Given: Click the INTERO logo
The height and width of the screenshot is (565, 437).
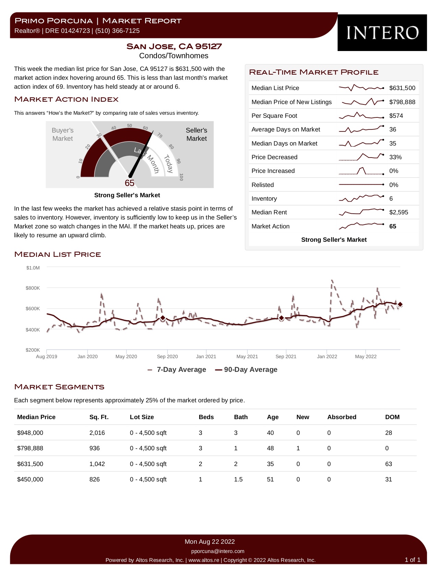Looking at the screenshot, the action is click(x=382, y=33).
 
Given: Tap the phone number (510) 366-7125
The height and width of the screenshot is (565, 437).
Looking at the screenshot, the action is click(x=117, y=31).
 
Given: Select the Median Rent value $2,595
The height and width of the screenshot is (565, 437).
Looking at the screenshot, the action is click(x=399, y=212).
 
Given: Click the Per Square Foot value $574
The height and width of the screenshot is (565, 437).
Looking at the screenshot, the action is click(x=396, y=116).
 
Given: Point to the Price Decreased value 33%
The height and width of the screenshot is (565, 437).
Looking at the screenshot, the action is click(x=395, y=157).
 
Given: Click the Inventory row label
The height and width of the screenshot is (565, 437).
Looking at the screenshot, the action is click(x=264, y=198).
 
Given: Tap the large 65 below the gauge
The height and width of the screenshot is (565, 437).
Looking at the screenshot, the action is click(x=129, y=183).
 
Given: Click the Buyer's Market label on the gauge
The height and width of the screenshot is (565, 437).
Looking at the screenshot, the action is click(x=62, y=134).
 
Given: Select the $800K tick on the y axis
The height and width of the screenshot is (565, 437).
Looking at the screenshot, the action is click(x=33, y=288).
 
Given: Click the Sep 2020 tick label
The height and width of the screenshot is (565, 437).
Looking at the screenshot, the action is click(x=167, y=356).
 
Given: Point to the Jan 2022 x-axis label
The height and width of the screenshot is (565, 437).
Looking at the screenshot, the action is click(x=327, y=356).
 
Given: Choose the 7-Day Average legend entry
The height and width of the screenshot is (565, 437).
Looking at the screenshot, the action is click(x=177, y=369).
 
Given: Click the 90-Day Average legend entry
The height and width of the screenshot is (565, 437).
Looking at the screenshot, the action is click(x=246, y=369).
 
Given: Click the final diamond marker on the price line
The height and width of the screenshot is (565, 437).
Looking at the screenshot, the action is click(x=400, y=304).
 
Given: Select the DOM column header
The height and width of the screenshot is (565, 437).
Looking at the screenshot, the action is click(x=392, y=417).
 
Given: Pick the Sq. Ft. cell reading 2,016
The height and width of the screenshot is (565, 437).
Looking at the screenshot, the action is click(x=97, y=433).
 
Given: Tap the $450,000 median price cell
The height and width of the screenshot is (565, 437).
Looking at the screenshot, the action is click(x=30, y=479).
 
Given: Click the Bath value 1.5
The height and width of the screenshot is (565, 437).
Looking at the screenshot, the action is click(x=238, y=479).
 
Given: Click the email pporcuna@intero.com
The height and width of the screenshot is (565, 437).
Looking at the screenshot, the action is click(x=218, y=551).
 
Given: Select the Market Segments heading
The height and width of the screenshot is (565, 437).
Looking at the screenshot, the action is click(x=59, y=387).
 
